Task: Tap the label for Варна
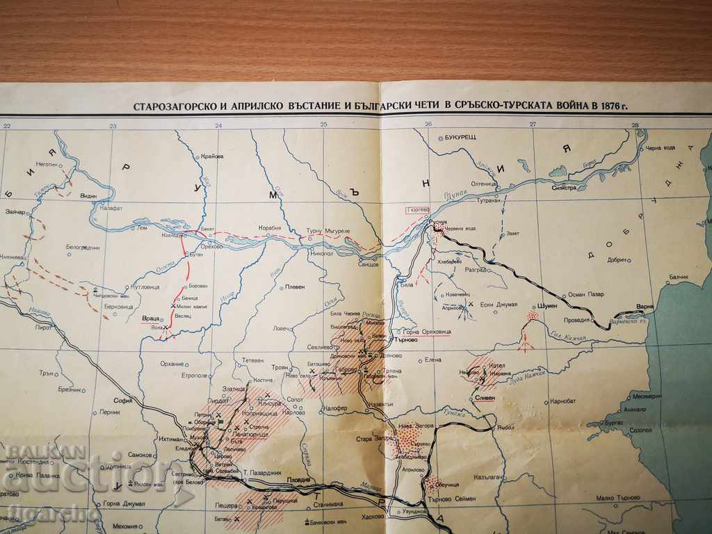tap(645, 306)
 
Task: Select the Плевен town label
tap(294, 286)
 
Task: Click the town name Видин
tap(88, 196)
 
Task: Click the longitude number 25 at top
tap(323, 125)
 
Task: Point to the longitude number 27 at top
tap(533, 125)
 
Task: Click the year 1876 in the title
tap(608, 106)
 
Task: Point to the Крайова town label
tap(212, 156)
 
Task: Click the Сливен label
tap(485, 398)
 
